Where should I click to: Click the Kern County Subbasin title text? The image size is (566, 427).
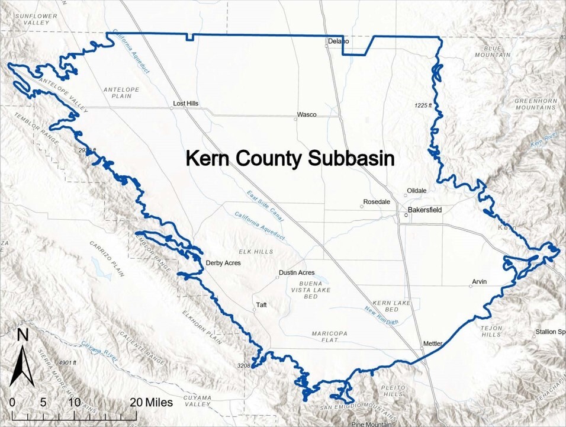[x=290, y=159]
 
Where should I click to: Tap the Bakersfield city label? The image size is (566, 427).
[x=426, y=210]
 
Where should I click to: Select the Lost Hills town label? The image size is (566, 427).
[x=185, y=104]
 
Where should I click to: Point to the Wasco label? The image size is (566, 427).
[x=307, y=114]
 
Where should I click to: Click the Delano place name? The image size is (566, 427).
[x=338, y=41]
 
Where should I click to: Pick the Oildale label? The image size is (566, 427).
[x=415, y=191]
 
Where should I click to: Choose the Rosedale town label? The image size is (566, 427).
[x=377, y=202]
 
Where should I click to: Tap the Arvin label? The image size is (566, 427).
[x=480, y=281]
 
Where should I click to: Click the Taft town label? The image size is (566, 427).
[x=261, y=306]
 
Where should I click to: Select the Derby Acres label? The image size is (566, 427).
[x=223, y=263]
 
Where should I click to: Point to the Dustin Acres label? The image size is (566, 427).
[x=297, y=272]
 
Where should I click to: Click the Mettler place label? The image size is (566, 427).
[x=433, y=343]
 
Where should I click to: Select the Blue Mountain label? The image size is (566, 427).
[x=492, y=52]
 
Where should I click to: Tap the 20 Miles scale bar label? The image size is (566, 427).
[x=152, y=402]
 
